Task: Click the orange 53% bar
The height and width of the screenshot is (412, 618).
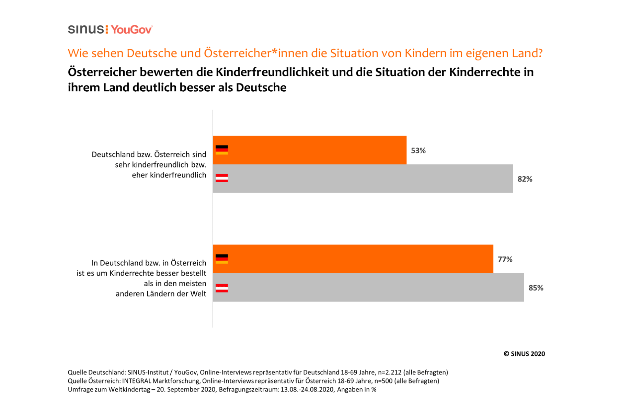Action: [x=309, y=150]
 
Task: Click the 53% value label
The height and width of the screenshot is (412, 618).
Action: [x=418, y=150]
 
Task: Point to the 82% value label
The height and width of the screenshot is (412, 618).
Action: [x=525, y=179]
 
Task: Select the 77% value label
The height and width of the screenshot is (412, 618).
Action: [x=505, y=259]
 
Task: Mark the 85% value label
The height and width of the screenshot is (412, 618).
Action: [x=536, y=288]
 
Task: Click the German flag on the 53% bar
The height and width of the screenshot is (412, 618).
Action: [x=222, y=150]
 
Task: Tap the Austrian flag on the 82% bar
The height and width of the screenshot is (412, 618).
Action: [x=222, y=178]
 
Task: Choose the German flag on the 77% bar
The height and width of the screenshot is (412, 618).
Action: [x=222, y=259]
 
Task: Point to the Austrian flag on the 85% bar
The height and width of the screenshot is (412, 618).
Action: [x=222, y=288]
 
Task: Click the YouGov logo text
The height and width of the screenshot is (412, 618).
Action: [x=131, y=30]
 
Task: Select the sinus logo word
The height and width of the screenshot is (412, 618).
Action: [x=86, y=29]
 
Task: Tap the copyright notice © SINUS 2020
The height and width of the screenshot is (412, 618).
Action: [x=524, y=354]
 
